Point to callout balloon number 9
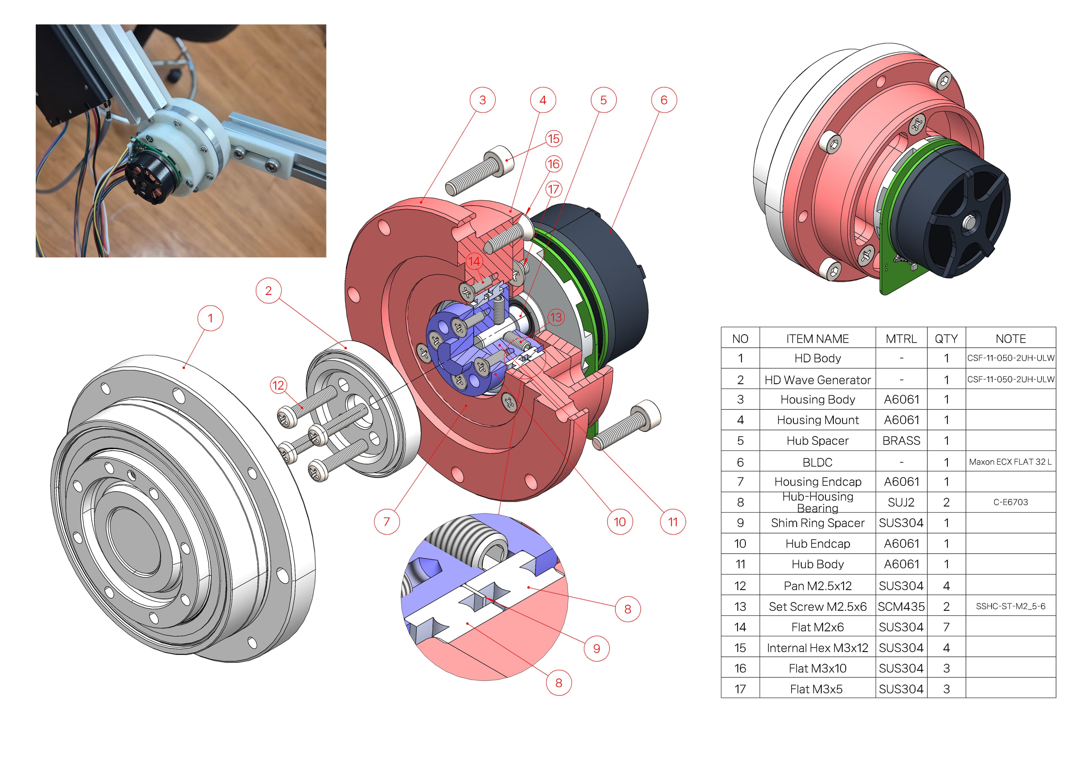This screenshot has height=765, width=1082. click(x=597, y=649)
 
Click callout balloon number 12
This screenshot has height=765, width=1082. click(x=278, y=385)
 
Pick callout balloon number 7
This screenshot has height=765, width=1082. click(x=386, y=522)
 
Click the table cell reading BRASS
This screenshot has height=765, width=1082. click(x=901, y=441)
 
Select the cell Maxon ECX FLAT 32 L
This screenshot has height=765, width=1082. click(x=1010, y=462)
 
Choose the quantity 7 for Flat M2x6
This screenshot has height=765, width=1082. click(x=946, y=627)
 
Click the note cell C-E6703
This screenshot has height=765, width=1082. click(x=1010, y=502)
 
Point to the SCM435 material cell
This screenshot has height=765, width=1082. click(x=901, y=607)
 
